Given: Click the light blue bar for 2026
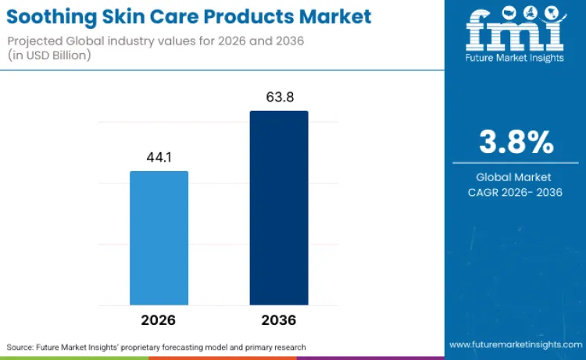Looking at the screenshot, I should pyautogui.click(x=159, y=237).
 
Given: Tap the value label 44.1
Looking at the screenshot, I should pyautogui.click(x=159, y=157).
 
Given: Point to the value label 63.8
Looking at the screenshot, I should pyautogui.click(x=279, y=97).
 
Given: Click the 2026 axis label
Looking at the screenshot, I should pyautogui.click(x=159, y=320).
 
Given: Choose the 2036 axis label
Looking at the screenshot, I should pyautogui.click(x=279, y=320).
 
